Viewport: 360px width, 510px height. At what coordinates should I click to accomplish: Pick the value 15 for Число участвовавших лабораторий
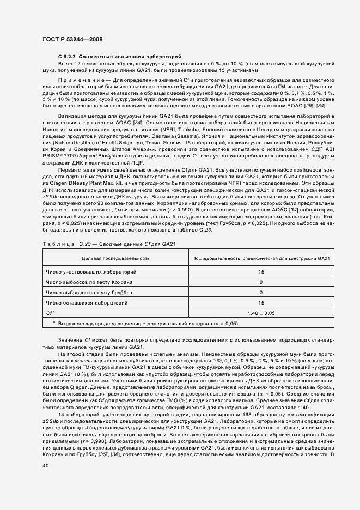coord(261,271)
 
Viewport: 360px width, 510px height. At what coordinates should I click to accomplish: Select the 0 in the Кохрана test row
coord(261,282)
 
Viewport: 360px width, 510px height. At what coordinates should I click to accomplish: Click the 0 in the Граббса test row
coord(261,293)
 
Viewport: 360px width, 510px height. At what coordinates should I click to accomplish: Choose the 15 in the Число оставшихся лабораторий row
coord(261,303)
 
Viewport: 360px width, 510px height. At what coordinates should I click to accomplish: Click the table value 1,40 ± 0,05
coord(261,313)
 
